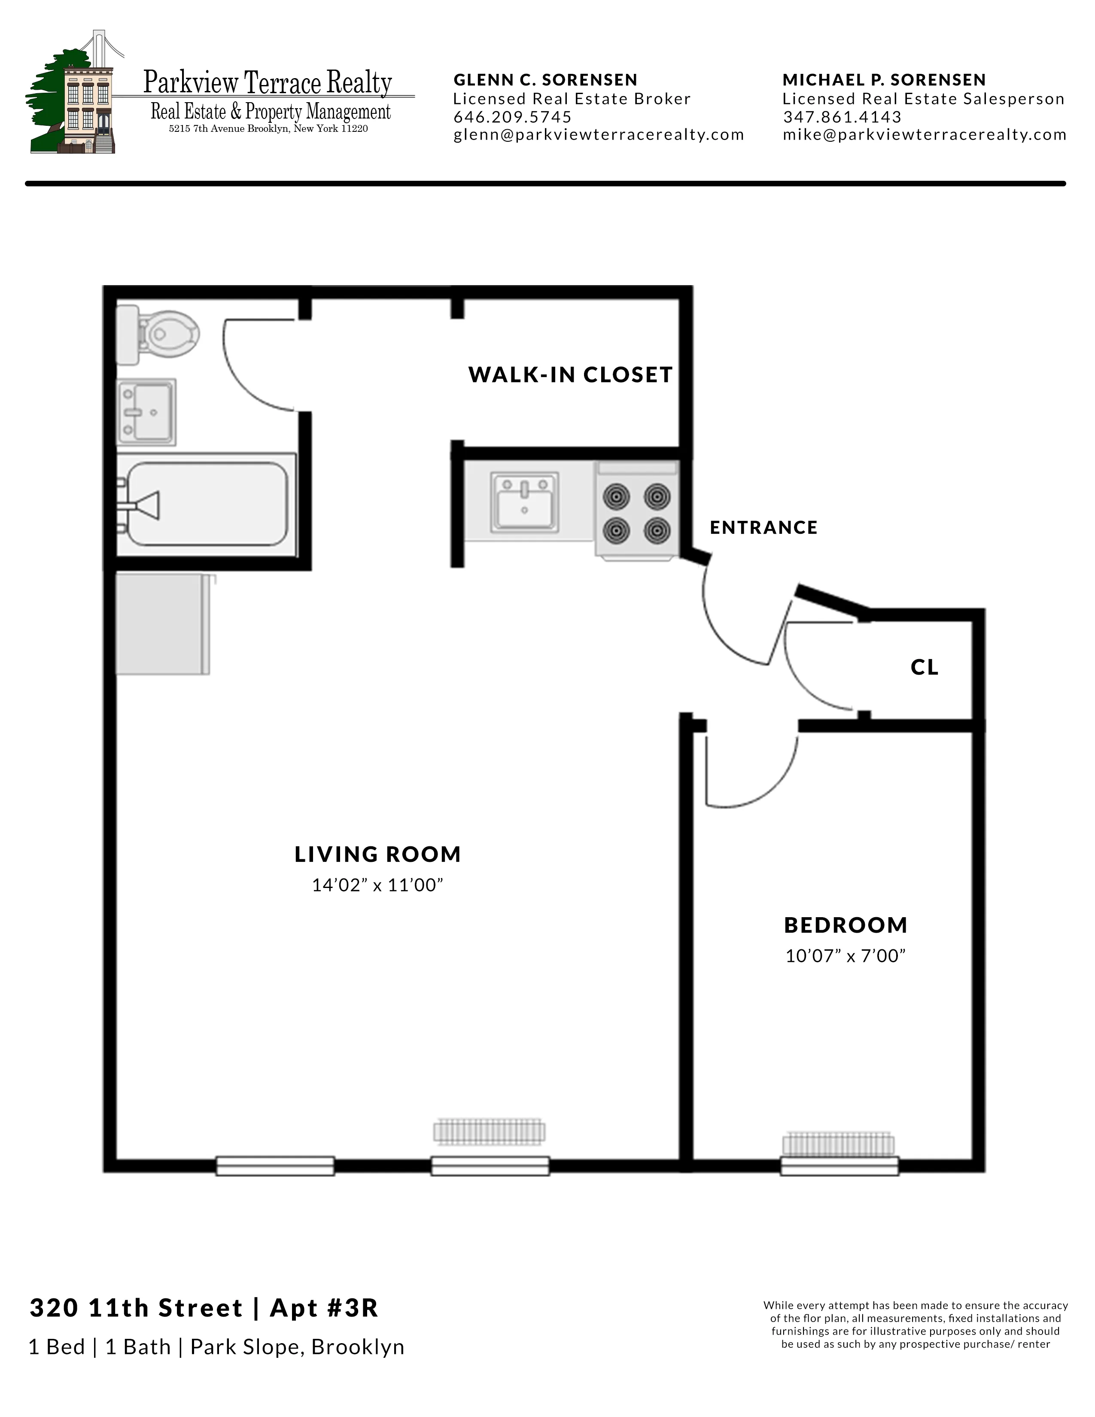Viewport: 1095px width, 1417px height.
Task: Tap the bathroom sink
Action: [x=146, y=412]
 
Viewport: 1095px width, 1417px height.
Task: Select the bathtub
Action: [x=206, y=504]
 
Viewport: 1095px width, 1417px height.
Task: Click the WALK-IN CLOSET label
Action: [x=570, y=375]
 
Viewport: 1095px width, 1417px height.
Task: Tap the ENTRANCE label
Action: [x=763, y=527]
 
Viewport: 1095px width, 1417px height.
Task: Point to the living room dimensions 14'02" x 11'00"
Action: [x=377, y=885]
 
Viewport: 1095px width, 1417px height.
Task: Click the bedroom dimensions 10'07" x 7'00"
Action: [x=845, y=956]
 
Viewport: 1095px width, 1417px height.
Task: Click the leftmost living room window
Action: [x=275, y=1166]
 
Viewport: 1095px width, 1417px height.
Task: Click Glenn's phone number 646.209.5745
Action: [x=512, y=117]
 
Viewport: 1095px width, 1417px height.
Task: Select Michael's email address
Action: [x=925, y=135]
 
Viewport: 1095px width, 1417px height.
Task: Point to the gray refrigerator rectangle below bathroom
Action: [x=162, y=624]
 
